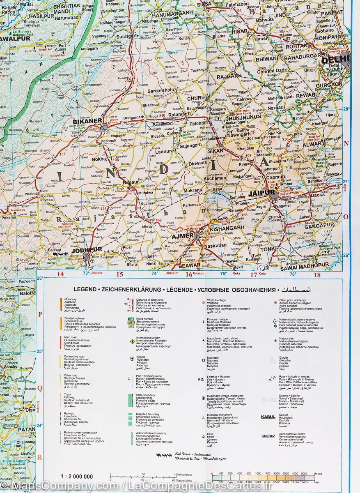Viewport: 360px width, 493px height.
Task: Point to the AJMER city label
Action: tap(182, 236)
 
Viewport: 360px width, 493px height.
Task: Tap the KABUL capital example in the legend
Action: tap(268, 417)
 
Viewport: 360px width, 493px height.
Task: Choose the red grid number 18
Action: tap(317, 275)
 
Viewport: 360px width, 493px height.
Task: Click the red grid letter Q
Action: tap(40, 387)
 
